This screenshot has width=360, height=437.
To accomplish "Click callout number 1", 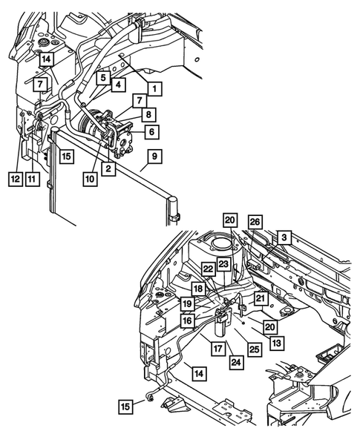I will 154,88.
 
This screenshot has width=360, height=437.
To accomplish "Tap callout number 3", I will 284,237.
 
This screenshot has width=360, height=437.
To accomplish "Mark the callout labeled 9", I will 154,157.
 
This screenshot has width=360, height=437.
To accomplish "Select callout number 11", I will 32,178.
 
